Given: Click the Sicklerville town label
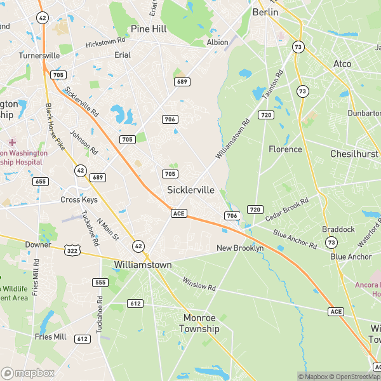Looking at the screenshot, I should point(190,190).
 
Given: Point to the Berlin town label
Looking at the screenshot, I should point(265,12).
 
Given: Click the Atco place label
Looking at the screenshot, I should point(342,63).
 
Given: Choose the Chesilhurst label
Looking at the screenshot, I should point(354,154).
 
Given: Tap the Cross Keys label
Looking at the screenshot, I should point(79,199).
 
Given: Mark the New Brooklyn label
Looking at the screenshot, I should point(240,248).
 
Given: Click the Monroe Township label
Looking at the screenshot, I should point(199,323).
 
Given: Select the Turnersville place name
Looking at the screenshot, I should point(39,55).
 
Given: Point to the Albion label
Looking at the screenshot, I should point(217,42).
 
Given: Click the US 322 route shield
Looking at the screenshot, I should point(71,251).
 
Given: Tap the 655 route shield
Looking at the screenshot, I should point(41,182).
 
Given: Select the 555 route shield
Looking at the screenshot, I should point(100,282).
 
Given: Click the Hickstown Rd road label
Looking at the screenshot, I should point(106,44).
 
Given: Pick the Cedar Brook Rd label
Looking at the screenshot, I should point(286,209).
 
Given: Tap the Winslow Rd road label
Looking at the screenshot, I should point(199,284).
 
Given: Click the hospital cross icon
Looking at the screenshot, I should point(12,142).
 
